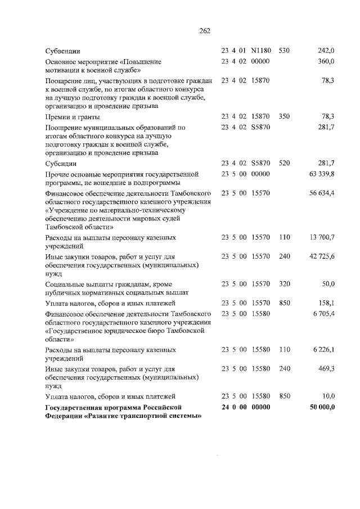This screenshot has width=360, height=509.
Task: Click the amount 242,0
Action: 326,51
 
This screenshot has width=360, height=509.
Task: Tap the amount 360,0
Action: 326,61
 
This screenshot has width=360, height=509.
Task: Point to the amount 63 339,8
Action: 322,174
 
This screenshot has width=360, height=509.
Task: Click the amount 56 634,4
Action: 322,193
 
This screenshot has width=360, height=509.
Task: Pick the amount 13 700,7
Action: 322,237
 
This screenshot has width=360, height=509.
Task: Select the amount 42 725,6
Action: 322,256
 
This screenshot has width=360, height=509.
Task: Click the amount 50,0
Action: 328,283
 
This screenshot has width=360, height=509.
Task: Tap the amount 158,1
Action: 326,303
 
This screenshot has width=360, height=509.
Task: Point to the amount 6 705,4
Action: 323,313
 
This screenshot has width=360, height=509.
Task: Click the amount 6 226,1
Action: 323,350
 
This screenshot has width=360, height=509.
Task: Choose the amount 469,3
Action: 326,369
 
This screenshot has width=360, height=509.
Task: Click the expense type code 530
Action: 284,51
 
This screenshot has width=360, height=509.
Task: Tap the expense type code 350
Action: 284,116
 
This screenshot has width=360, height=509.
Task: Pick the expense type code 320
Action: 284,283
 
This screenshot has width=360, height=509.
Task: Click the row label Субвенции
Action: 63,51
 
